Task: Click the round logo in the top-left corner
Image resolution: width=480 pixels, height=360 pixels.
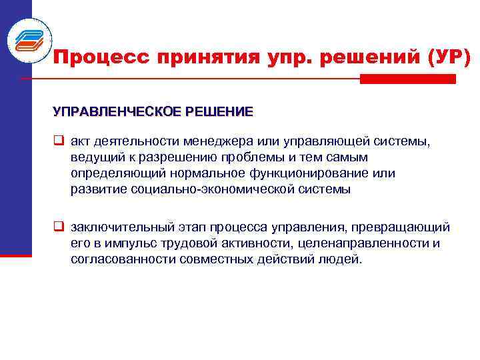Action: tap(30, 41)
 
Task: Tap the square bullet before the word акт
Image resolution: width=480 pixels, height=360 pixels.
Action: tap(59, 141)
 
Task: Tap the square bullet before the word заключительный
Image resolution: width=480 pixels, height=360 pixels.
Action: tap(59, 228)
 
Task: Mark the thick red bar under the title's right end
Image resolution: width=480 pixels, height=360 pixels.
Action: tap(407, 79)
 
